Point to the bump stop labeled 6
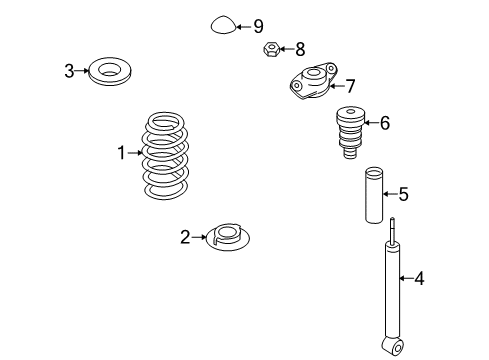(350, 132)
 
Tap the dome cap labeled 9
(223, 25)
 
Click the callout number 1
(122, 153)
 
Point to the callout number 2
(185, 237)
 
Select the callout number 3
(69, 71)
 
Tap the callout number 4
(419, 278)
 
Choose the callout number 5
(403, 194)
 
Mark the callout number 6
(385, 123)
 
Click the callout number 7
(350, 86)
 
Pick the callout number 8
(300, 49)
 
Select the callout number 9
(258, 26)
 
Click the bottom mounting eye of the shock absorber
(393, 347)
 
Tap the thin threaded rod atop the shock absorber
(393, 230)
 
